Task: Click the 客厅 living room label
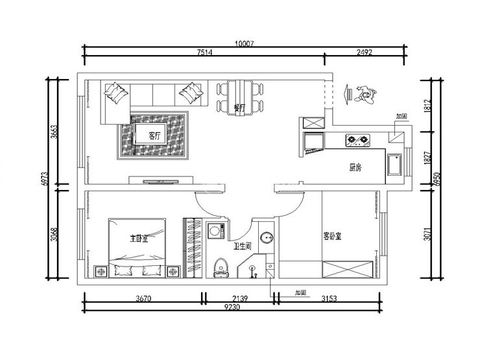(x=154, y=136)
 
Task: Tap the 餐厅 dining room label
(x=239, y=108)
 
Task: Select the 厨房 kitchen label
(x=355, y=167)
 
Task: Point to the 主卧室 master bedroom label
(x=139, y=239)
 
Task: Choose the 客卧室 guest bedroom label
(x=333, y=236)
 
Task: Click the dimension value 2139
(x=239, y=299)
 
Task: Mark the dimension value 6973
(x=45, y=179)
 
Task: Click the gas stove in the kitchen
(x=357, y=139)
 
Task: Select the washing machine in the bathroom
(x=216, y=232)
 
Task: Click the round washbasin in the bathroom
(x=267, y=238)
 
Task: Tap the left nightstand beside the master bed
(x=101, y=271)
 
